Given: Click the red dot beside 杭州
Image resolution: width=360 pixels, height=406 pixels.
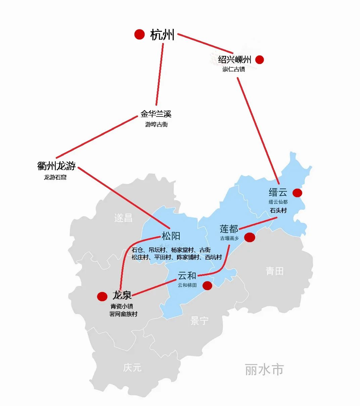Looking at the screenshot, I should point(139,34).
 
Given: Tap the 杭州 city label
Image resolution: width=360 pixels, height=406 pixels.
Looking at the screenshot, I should point(162,35).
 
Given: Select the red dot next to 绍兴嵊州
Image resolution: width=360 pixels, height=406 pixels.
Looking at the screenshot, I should point(259,60).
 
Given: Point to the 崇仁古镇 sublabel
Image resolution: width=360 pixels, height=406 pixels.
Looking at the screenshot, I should point(234,69).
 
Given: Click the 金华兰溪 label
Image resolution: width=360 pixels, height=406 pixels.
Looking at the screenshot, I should point(156,114).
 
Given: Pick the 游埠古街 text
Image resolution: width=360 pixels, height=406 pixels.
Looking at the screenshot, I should point(156,124).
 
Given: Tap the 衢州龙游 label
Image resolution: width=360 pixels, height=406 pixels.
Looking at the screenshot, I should point(56,166).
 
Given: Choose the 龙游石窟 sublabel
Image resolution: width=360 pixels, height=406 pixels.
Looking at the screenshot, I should point(55,177).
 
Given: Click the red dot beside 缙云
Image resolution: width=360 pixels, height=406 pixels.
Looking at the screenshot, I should point(297,193).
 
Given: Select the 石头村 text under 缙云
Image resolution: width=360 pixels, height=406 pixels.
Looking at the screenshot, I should point(278,211).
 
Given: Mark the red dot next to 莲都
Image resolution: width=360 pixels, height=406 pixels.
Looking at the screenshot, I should point(250,237).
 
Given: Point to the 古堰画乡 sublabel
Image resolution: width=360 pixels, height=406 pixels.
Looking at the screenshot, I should point(230,238).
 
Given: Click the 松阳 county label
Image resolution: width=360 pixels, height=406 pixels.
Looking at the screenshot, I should point(171,236).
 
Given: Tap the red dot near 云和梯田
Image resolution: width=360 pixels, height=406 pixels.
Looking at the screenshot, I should point(207,286).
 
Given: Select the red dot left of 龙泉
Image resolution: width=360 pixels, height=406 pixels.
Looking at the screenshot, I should point(102,296).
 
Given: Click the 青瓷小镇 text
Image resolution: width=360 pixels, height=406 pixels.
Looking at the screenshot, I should point(122,306).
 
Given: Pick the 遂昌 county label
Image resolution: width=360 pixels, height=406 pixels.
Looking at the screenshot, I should point(123,218).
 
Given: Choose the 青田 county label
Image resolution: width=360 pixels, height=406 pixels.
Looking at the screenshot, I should point(275,271).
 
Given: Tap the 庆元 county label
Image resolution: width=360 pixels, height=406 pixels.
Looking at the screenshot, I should point(132,367).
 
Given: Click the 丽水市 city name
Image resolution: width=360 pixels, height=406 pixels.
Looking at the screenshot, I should point(264,369).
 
